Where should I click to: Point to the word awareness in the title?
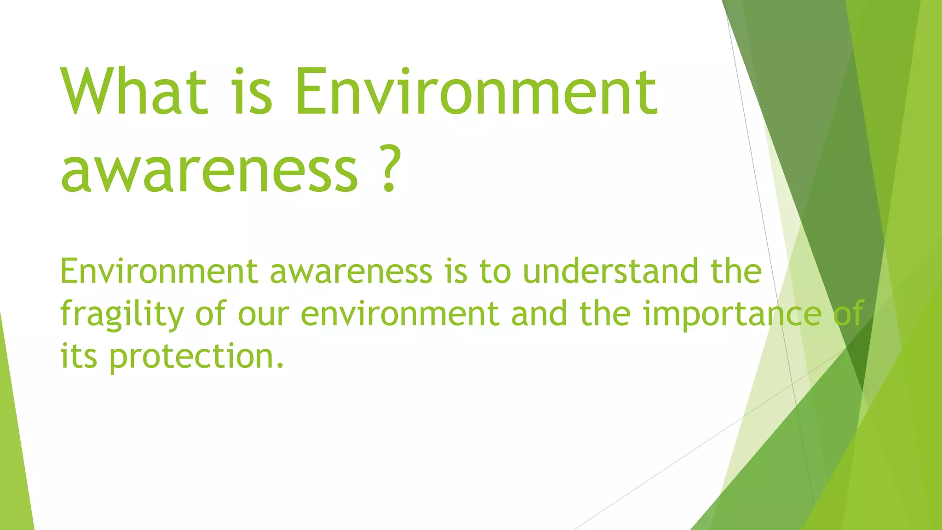[x=209, y=170]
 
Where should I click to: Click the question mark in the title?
[x=389, y=170]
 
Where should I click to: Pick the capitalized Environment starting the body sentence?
[x=159, y=271]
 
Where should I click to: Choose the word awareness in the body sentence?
[x=351, y=271]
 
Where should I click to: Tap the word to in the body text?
[x=495, y=271]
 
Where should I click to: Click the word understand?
[x=611, y=271]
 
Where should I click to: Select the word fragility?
[x=122, y=315]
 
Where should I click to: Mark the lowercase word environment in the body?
[x=400, y=315]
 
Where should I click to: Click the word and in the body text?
[x=539, y=315]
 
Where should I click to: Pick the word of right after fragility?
[x=211, y=315]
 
